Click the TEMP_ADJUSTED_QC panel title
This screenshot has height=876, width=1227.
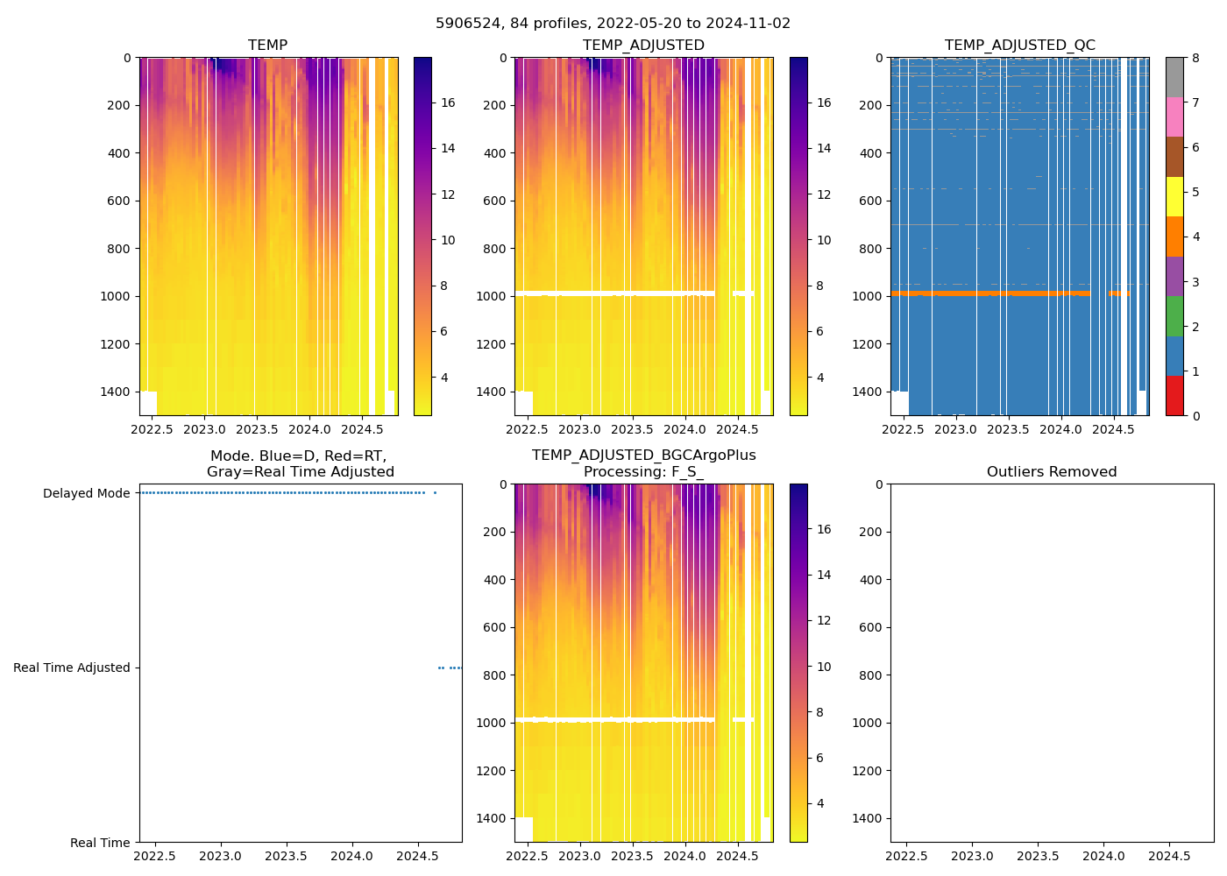pos(1019,46)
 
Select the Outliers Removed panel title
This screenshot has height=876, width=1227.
pos(1052,472)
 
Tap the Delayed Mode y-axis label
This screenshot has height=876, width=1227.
pos(86,494)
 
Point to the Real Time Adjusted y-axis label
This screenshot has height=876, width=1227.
pos(72,668)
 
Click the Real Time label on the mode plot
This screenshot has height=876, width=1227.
pos(100,843)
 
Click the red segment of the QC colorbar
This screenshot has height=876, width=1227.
pos(1174,395)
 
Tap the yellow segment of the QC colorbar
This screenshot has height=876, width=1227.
pos(1174,196)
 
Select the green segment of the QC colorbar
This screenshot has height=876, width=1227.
pos(1174,315)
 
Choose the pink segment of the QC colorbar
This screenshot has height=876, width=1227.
pos(1174,117)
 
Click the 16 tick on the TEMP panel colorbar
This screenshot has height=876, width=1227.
pos(448,103)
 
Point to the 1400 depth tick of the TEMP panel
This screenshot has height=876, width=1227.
pos(115,392)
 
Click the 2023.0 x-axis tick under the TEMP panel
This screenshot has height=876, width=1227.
pos(205,430)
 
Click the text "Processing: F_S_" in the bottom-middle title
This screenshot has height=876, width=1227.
pos(643,472)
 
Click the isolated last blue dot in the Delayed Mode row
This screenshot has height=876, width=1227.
pos(435,493)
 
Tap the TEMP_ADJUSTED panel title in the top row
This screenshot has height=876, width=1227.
pos(643,46)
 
